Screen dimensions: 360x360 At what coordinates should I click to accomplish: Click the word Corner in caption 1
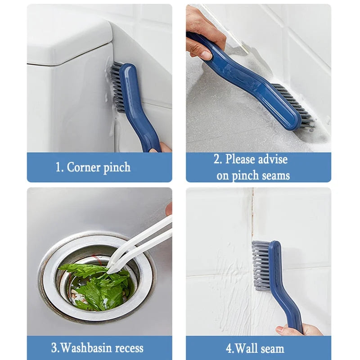[x=84, y=167]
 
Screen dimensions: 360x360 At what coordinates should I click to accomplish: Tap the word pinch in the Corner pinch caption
[x=117, y=168]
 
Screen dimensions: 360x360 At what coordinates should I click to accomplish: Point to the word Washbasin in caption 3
[x=86, y=348]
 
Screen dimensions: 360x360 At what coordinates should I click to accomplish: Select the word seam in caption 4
[x=273, y=348]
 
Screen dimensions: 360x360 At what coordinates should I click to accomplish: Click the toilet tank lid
[x=67, y=43]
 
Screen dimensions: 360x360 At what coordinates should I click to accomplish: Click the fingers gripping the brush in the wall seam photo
[x=292, y=330]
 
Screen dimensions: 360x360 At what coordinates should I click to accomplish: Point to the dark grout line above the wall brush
[x=252, y=211]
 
